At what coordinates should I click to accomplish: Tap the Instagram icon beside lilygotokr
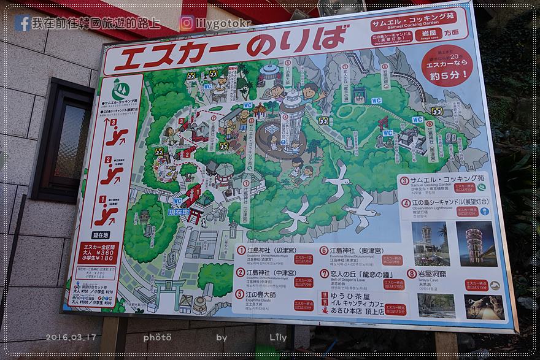[x=187, y=23]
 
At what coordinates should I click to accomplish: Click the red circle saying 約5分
[x=446, y=66]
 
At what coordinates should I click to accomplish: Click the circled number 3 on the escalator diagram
[x=113, y=121]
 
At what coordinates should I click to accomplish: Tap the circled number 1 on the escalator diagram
[x=103, y=200]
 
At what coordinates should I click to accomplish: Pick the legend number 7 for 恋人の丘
[x=324, y=274]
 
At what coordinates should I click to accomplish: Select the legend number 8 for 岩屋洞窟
[x=412, y=274]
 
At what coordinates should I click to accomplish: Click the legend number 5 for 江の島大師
[x=241, y=294]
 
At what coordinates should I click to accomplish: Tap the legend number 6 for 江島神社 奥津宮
[x=323, y=251]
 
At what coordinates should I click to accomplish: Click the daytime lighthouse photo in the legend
[x=430, y=243]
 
